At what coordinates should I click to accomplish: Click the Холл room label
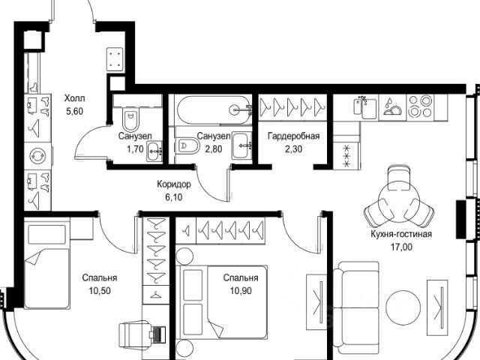(x=75, y=98)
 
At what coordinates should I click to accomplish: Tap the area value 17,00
(x=401, y=247)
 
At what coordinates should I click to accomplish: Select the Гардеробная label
(x=293, y=136)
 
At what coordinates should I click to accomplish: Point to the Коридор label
(x=174, y=184)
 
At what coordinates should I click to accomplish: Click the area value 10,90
(x=241, y=290)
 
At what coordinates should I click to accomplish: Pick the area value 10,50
(x=100, y=290)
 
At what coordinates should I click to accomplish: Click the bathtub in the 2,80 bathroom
(x=213, y=110)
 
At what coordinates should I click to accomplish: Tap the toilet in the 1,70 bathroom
(x=130, y=118)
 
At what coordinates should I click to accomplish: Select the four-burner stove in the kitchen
(x=420, y=106)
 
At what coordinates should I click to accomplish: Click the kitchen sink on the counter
(x=365, y=107)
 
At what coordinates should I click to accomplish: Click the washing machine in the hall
(x=38, y=156)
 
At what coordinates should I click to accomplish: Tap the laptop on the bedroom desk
(x=158, y=333)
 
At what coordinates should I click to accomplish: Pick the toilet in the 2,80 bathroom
(x=188, y=146)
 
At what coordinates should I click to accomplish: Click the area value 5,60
(x=75, y=112)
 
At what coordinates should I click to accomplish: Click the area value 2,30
(x=293, y=149)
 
